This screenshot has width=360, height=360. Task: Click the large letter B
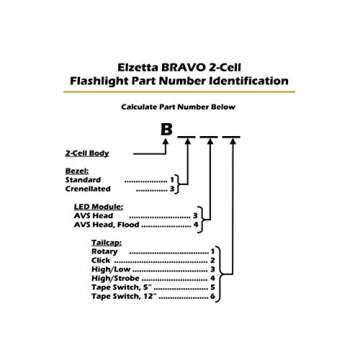coord(166,130)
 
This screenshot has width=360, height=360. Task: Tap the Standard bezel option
coord(83,180)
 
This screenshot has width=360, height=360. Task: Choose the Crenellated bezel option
coord(88,188)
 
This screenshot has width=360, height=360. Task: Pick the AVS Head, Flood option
coord(107,225)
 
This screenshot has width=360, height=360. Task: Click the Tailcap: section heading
coord(107,243)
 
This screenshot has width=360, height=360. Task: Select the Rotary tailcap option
coord(105,251)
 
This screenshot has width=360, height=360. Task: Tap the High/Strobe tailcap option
coord(114,278)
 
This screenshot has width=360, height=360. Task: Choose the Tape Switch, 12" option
coord(124,296)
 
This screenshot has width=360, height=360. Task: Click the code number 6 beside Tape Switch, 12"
coord(213,296)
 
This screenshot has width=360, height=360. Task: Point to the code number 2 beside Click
coord(213,260)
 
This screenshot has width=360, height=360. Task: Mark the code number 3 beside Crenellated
coord(172,188)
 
